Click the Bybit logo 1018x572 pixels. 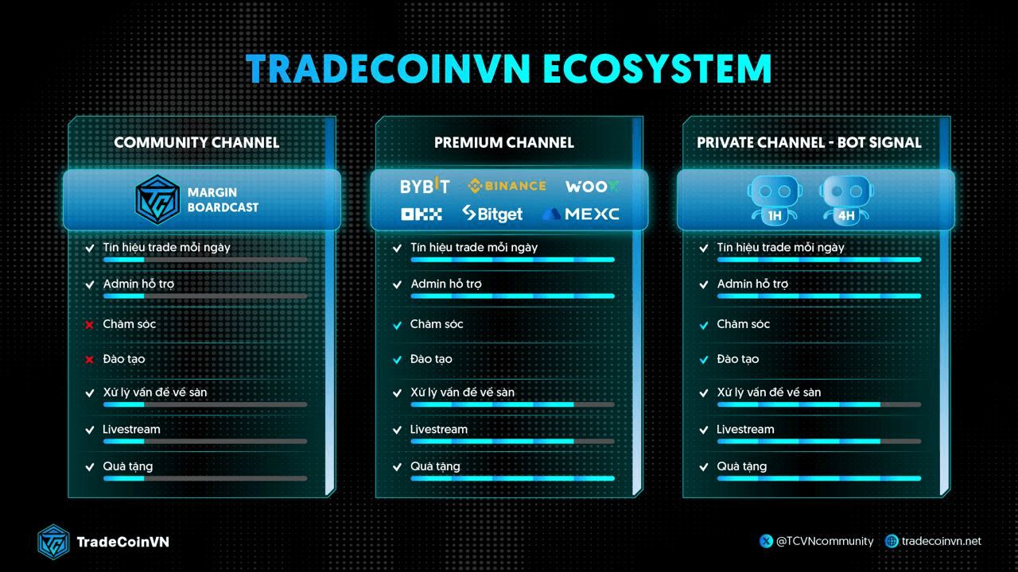(x=425, y=186)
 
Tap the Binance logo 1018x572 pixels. (x=507, y=186)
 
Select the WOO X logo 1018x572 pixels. (x=592, y=187)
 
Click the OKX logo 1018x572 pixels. (x=422, y=214)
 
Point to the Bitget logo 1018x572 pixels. (x=492, y=214)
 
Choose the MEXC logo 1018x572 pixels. (x=581, y=214)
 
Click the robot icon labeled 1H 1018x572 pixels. (x=775, y=199)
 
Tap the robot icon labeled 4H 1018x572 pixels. (x=846, y=199)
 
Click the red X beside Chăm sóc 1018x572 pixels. (x=90, y=325)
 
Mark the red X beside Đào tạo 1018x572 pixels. (x=90, y=360)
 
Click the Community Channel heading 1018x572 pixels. (x=196, y=142)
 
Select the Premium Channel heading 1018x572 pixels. (x=504, y=142)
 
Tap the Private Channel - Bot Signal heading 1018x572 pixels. (x=809, y=142)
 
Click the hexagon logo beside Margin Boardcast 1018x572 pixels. (x=157, y=199)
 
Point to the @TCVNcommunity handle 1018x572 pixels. (x=825, y=541)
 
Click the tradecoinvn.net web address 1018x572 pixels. (x=941, y=541)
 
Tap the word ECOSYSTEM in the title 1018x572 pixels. (x=657, y=69)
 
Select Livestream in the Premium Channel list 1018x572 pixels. (x=438, y=430)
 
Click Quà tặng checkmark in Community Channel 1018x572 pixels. (x=90, y=466)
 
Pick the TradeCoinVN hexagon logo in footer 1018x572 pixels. (x=53, y=542)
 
